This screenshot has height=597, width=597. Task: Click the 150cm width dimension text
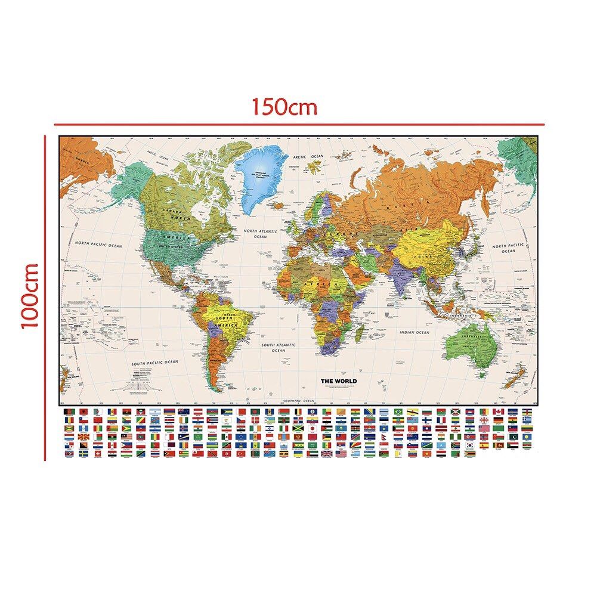point(283,107)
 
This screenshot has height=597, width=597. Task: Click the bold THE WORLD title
point(339,381)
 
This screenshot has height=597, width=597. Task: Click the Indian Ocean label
point(415,332)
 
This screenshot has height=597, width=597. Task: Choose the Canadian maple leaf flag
point(499,412)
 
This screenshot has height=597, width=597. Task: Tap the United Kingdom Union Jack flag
point(327,453)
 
